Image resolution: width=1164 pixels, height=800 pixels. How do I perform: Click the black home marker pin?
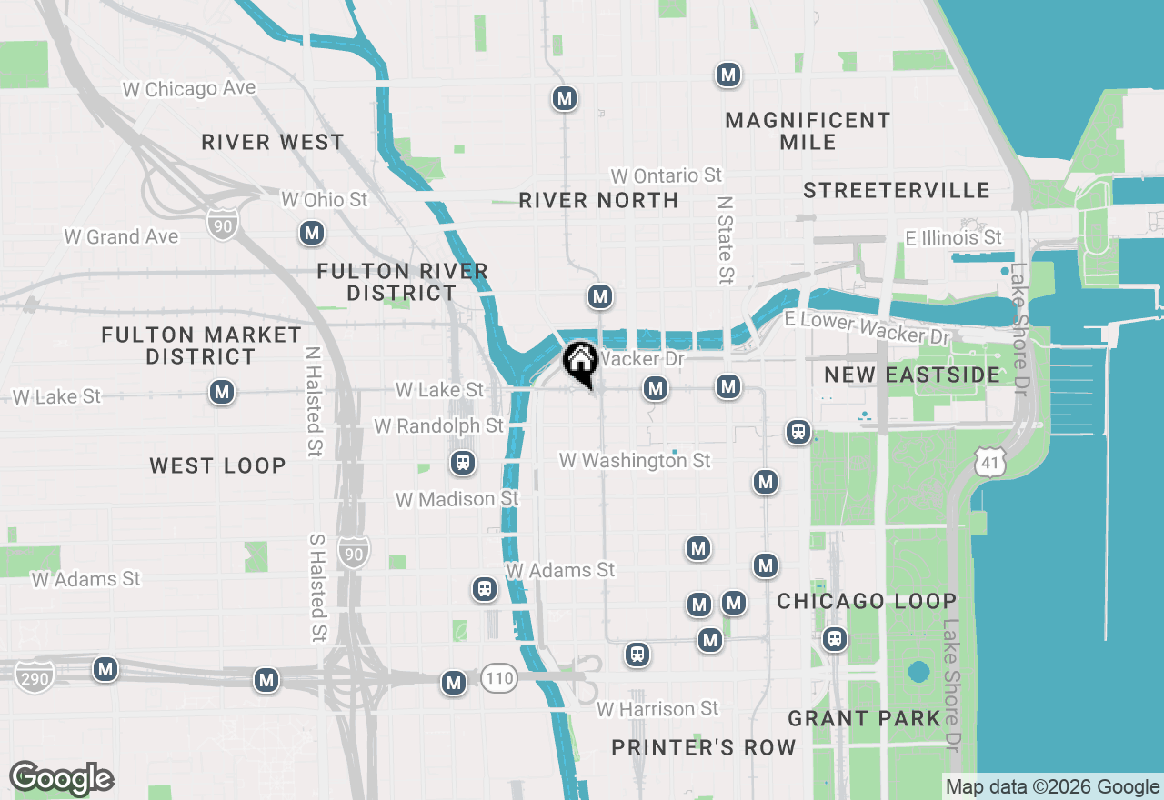click(x=579, y=362)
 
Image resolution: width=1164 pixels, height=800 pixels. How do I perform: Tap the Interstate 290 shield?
click(x=34, y=676)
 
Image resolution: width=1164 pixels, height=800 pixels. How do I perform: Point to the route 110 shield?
click(x=499, y=677)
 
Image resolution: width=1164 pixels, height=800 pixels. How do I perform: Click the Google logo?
click(x=61, y=778)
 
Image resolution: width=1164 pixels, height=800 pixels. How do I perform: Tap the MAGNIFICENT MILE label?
click(x=808, y=131)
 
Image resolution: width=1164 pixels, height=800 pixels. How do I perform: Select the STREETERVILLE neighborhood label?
click(x=897, y=190)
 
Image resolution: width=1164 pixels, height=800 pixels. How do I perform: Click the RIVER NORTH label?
click(x=598, y=200)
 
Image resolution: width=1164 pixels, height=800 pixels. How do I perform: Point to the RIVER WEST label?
click(x=273, y=142)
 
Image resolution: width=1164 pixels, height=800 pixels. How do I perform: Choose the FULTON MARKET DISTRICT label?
click(x=201, y=345)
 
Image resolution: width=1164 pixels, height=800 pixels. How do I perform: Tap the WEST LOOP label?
click(x=217, y=465)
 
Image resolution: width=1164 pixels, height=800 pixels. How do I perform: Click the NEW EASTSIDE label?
click(x=912, y=375)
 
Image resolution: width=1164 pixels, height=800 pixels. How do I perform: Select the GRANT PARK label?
click(x=864, y=718)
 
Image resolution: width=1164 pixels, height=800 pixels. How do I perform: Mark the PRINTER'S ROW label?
click(x=704, y=747)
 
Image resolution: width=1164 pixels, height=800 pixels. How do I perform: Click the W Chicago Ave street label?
click(x=189, y=88)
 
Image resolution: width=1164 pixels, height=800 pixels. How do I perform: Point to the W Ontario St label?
click(x=667, y=175)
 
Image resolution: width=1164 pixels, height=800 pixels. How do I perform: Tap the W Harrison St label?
click(x=657, y=708)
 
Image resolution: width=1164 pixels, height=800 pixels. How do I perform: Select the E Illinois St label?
click(x=953, y=237)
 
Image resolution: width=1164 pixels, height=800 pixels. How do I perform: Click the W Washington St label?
click(x=635, y=461)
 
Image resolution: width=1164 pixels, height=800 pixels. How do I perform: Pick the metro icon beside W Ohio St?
click(x=312, y=233)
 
